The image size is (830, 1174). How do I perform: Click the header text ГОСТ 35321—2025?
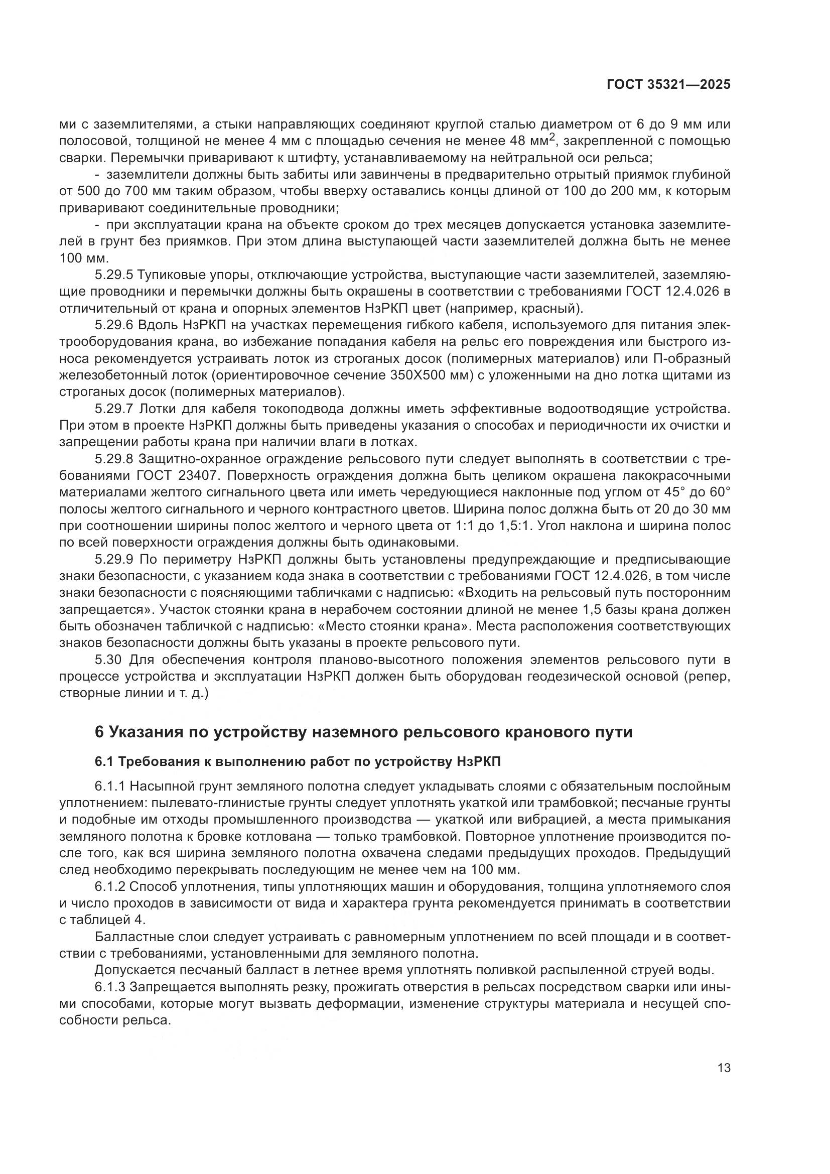(668, 85)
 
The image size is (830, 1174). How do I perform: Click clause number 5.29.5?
(113, 275)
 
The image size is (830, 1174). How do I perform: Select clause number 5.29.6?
(113, 325)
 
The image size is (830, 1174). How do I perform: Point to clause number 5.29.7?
(113, 409)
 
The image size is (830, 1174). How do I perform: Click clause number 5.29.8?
(113, 459)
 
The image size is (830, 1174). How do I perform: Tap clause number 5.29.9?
(113, 559)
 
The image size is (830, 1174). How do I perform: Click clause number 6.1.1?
(110, 787)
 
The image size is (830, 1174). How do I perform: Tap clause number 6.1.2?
(110, 886)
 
